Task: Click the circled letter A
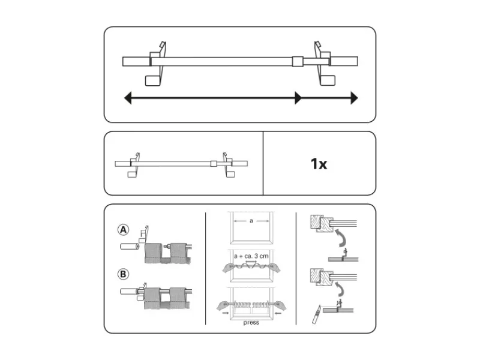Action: (123, 230)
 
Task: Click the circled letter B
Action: (123, 274)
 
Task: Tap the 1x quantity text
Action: (319, 164)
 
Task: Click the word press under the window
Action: (251, 323)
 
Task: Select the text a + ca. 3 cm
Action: (251, 256)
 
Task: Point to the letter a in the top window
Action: (251, 221)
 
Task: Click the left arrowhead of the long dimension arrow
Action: (128, 98)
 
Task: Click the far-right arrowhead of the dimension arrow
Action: (354, 98)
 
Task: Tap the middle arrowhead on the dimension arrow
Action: (298, 98)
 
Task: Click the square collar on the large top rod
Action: (298, 61)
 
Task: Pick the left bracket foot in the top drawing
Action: (152, 80)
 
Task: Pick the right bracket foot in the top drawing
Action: (328, 80)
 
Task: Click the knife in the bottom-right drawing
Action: (317, 314)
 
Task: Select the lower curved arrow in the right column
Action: (340, 289)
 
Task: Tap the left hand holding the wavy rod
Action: (230, 268)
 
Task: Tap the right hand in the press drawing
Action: (280, 305)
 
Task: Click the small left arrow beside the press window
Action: (226, 313)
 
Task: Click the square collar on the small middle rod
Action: (214, 163)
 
